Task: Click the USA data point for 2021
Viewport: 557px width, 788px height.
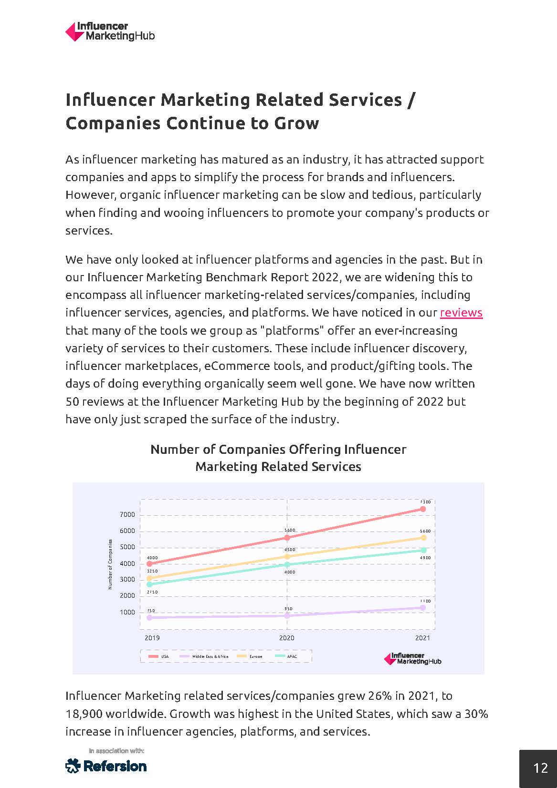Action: (x=423, y=509)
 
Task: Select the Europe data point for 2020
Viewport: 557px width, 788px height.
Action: (x=287, y=556)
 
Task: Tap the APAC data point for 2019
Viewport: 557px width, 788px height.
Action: (x=149, y=584)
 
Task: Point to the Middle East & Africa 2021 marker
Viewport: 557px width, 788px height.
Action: (x=423, y=608)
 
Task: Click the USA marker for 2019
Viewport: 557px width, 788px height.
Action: (x=149, y=563)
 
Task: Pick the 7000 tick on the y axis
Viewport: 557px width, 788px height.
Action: (x=127, y=515)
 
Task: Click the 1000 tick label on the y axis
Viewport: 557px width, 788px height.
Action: (x=127, y=612)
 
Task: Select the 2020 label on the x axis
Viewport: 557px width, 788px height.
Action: (x=286, y=638)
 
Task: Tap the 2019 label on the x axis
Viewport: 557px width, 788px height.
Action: (x=152, y=638)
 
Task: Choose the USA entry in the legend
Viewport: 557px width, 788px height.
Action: (x=159, y=656)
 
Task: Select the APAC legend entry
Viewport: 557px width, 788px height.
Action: (x=286, y=656)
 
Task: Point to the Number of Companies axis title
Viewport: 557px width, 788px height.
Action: (x=110, y=564)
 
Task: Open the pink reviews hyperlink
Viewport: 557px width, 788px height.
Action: (x=461, y=313)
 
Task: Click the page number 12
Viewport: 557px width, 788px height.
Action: (x=540, y=768)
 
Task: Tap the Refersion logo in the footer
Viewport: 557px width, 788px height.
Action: (x=106, y=766)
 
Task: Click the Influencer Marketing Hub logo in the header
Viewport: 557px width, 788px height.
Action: (x=110, y=31)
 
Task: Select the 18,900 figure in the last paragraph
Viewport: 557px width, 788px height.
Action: (x=84, y=714)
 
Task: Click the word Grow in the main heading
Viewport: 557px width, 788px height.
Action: (x=296, y=123)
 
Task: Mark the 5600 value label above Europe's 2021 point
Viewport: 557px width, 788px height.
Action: (x=425, y=531)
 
